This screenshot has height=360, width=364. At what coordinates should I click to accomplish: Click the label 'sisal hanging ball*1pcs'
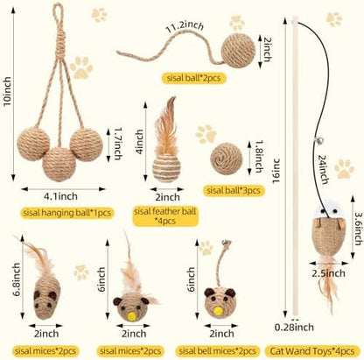click(67, 213)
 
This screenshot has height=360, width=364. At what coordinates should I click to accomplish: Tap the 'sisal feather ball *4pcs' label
click(165, 215)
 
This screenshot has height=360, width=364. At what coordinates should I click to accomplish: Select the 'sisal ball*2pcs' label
click(193, 78)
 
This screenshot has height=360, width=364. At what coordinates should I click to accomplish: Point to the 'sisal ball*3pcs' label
click(234, 190)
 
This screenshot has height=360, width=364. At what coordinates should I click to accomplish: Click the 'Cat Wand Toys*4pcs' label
click(312, 350)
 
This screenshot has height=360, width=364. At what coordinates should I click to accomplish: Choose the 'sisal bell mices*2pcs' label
click(218, 350)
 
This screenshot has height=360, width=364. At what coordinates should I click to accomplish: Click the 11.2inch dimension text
click(185, 28)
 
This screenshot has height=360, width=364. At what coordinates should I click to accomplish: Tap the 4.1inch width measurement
click(60, 196)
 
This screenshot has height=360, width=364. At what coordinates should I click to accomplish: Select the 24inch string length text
click(323, 170)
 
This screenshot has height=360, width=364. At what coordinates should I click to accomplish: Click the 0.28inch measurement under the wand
click(294, 327)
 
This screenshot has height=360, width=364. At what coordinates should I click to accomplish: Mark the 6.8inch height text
click(17, 279)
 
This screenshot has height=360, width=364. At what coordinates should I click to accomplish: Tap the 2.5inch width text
click(328, 273)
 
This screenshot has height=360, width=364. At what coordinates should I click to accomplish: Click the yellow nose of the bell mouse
click(217, 311)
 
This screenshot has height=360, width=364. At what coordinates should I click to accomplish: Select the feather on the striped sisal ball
click(166, 126)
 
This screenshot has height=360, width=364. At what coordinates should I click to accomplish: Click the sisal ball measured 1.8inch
click(227, 159)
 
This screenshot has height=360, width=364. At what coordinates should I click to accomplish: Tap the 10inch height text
click(7, 91)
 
